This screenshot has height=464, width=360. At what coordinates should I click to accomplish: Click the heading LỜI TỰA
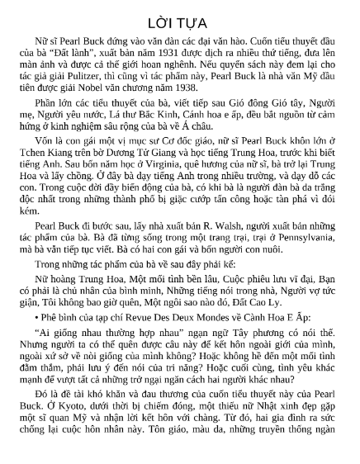[x=180, y=17]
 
